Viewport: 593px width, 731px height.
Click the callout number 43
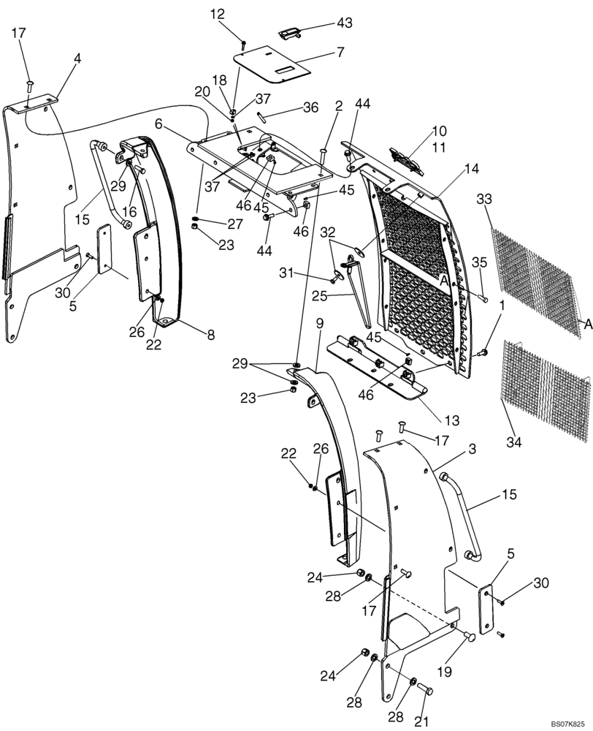click(343, 23)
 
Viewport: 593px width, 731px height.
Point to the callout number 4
click(77, 58)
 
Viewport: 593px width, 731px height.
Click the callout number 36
click(311, 107)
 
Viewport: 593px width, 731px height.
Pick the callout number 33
click(485, 198)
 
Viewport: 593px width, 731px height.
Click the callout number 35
click(479, 263)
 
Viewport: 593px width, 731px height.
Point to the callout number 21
click(420, 721)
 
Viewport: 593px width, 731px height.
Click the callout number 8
click(211, 337)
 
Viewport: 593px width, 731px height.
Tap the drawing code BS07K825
click(567, 721)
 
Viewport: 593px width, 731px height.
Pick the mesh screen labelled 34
click(544, 391)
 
